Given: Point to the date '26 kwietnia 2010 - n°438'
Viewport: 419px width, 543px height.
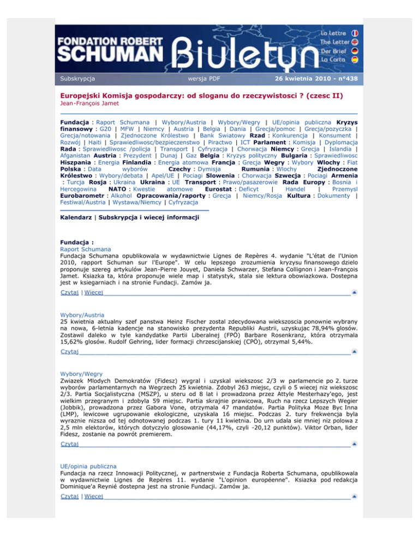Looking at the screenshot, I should pyautogui.click(x=316, y=79).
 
